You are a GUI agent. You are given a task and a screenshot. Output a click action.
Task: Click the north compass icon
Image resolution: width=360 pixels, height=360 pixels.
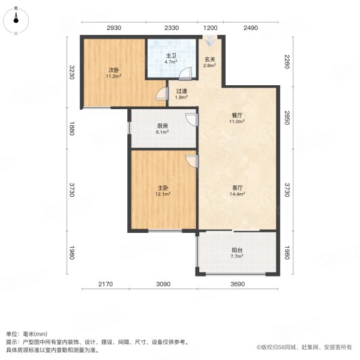click(x=16, y=20)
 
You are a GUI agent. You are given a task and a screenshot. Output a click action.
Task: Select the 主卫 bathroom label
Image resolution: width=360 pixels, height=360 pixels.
click(x=171, y=57)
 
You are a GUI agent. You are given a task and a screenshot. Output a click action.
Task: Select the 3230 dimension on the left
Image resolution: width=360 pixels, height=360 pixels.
click(x=71, y=74)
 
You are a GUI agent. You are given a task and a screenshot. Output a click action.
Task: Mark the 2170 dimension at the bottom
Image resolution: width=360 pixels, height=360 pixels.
click(x=106, y=284)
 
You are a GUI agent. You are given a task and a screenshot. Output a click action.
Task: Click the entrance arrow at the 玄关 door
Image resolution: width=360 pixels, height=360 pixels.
click(x=209, y=41)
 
